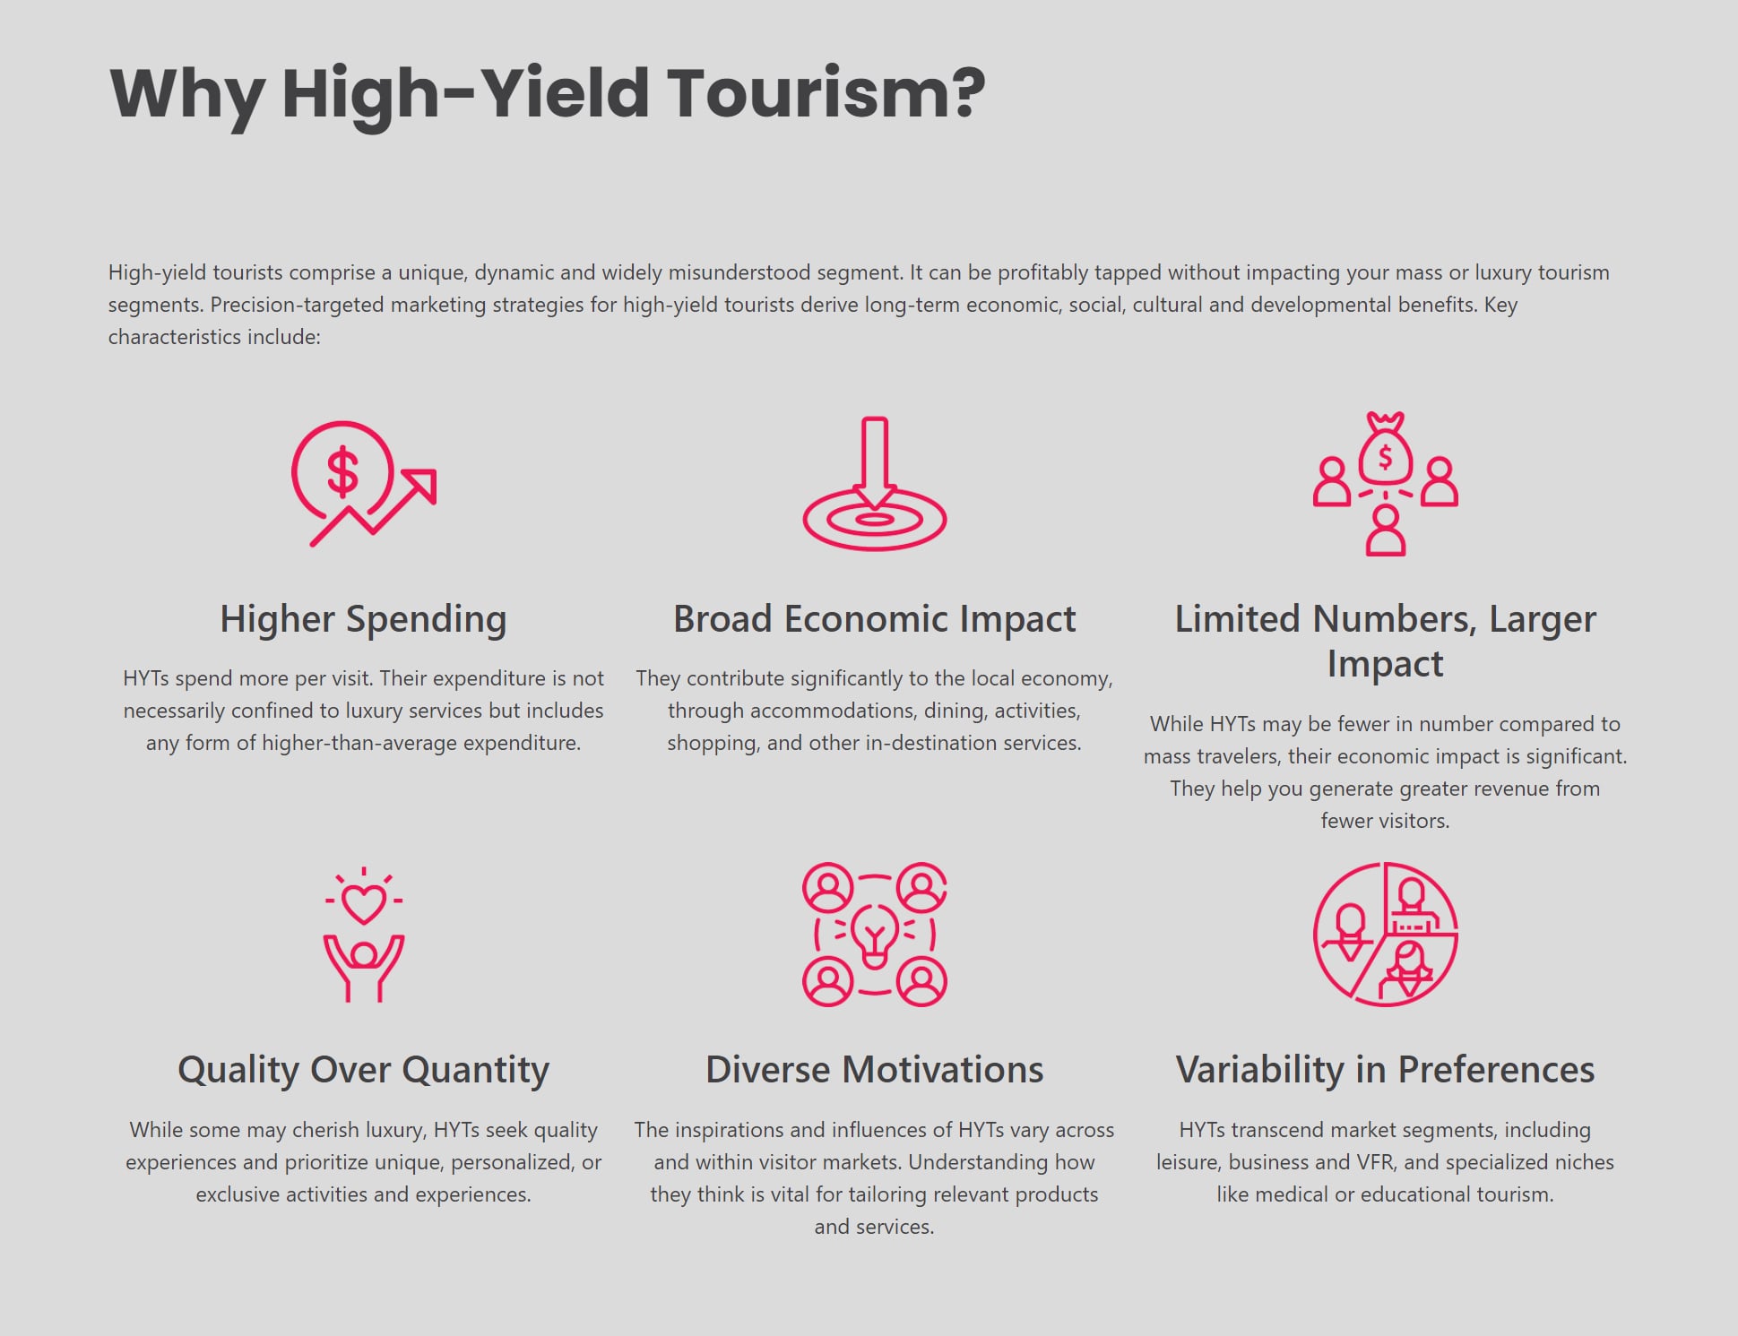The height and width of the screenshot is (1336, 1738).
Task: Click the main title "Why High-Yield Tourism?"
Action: pos(547,93)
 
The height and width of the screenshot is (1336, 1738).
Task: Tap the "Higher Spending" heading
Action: pos(363,619)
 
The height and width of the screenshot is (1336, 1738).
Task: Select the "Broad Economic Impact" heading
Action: pos(874,619)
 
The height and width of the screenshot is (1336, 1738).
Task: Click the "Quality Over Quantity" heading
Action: pos(363,1070)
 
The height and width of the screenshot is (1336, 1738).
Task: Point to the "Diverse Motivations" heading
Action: pos(874,1070)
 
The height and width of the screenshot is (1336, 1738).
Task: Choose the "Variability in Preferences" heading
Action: pos(1385,1070)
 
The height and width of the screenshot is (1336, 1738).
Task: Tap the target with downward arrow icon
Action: pos(874,484)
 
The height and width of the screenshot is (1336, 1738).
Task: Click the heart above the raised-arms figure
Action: pos(363,903)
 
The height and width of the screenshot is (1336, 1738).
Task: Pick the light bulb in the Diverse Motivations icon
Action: pos(874,935)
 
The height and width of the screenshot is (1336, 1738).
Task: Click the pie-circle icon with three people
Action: pos(1385,935)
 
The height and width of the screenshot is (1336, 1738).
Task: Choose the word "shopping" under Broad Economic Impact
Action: pos(711,743)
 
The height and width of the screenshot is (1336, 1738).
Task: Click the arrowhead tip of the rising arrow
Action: pos(432,474)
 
